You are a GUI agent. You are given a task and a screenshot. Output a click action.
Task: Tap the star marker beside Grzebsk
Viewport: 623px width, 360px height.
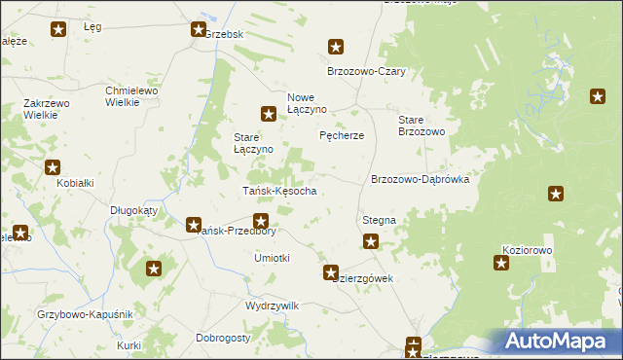click(x=198, y=30)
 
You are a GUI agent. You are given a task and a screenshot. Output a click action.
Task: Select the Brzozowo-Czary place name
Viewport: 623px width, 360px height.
click(x=366, y=72)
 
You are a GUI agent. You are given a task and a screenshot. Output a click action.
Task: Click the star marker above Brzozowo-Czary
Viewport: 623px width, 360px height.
click(x=336, y=46)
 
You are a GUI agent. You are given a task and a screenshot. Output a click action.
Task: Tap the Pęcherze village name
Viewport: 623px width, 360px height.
click(x=342, y=135)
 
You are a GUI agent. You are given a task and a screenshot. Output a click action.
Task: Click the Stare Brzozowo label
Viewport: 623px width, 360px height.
click(x=421, y=126)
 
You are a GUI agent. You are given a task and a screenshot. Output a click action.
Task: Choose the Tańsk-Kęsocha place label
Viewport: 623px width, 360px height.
click(x=278, y=191)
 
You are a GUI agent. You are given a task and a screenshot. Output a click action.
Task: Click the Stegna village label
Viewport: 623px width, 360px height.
click(x=379, y=221)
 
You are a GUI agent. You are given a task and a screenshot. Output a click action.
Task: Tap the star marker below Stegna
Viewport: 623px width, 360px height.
click(x=371, y=242)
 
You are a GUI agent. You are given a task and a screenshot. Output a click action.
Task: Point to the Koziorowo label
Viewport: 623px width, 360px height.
click(x=528, y=250)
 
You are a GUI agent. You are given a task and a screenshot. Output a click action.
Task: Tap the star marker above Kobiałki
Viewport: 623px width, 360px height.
click(x=53, y=166)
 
